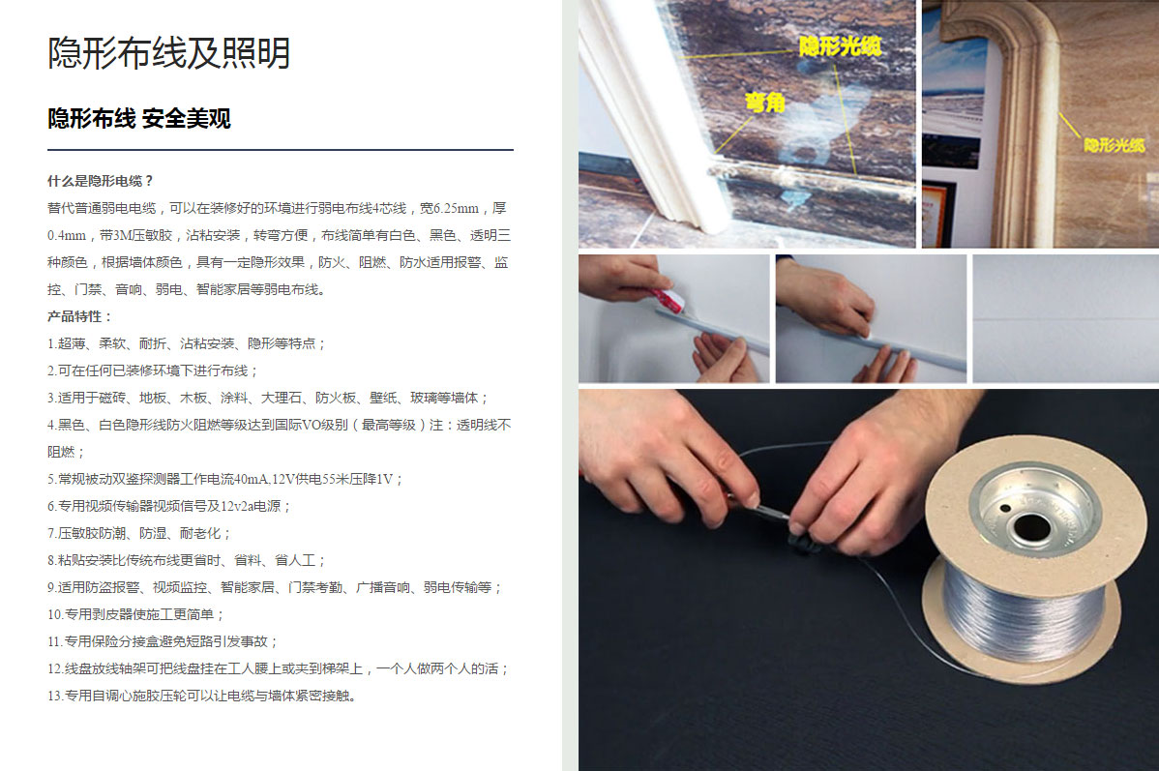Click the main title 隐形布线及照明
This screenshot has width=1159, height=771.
[169, 53]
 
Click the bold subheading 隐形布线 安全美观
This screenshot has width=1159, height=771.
[139, 118]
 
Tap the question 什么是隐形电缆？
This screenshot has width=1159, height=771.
[102, 180]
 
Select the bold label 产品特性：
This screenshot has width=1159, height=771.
[80, 316]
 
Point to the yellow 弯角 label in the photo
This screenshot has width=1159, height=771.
[765, 103]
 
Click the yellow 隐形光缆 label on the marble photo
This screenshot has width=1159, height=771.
[841, 46]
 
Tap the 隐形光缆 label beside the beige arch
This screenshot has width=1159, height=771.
[1114, 145]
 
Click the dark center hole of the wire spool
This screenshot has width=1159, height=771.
[1032, 527]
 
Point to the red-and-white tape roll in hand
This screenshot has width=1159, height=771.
[668, 301]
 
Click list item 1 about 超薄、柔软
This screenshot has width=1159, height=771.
[187, 343]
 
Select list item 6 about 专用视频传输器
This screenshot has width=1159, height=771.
[170, 506]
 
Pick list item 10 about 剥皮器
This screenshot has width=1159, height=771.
[136, 614]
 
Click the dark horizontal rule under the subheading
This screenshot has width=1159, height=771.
[281, 149]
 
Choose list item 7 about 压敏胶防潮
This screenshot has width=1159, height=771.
[139, 533]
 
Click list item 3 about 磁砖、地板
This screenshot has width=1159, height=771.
[268, 398]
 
